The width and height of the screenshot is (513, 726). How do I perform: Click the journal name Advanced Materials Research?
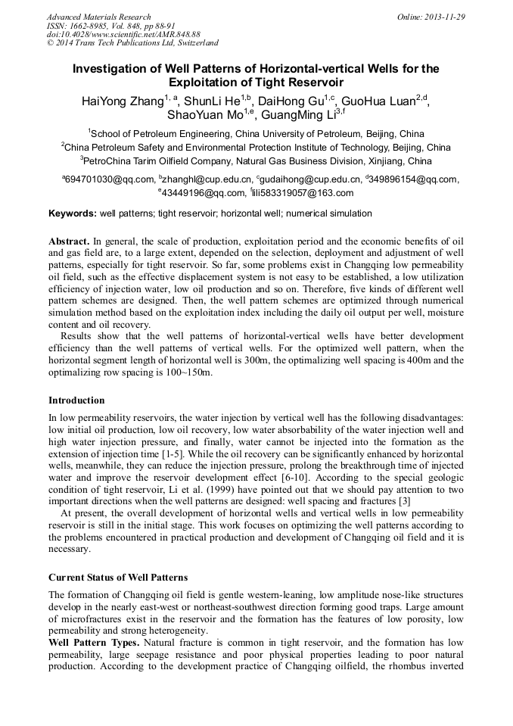pos(98,17)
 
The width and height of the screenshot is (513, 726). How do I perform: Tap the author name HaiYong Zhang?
pos(122,101)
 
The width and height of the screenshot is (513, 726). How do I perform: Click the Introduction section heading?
pos(76,400)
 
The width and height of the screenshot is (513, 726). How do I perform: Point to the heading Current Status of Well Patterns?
pos(117,578)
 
